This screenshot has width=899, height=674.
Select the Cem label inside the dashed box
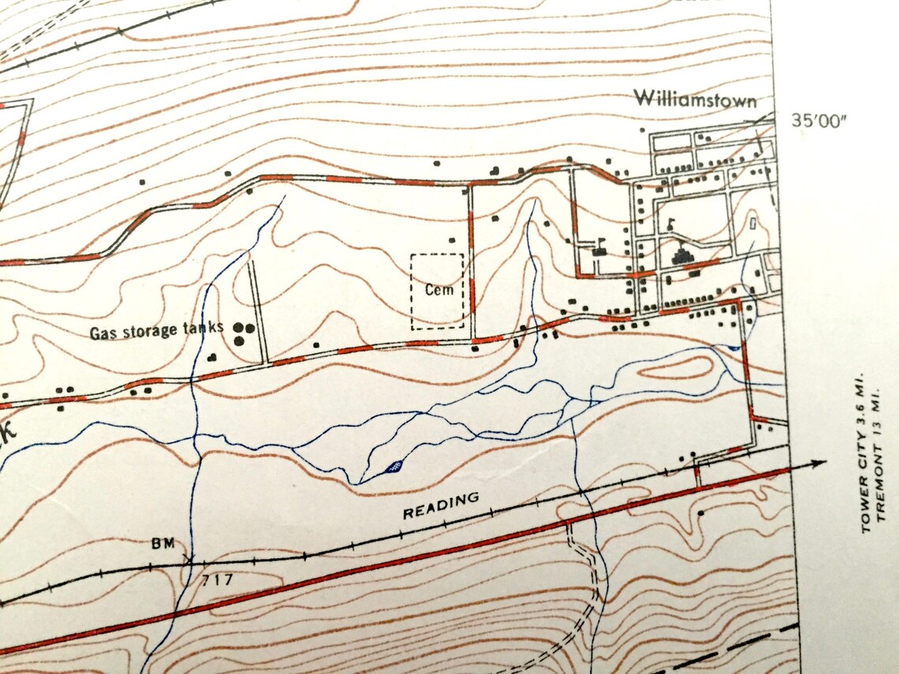tap(438, 289)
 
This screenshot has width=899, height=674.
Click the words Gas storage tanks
tap(156, 330)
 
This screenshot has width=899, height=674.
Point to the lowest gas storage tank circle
tap(238, 341)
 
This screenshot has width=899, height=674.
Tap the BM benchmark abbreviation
tap(162, 543)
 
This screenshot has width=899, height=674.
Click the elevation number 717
tap(217, 580)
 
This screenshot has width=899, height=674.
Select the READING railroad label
tap(441, 506)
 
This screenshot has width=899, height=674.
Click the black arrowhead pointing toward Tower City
tap(819, 463)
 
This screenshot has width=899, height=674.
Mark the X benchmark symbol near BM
tap(188, 559)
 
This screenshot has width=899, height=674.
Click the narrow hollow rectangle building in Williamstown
tap(754, 225)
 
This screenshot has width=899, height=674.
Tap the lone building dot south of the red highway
tap(701, 512)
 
